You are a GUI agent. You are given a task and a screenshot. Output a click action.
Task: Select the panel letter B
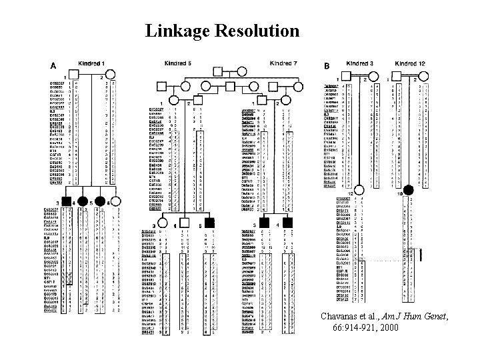[327, 66]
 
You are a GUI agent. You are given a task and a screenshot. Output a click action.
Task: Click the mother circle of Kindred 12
[423, 79]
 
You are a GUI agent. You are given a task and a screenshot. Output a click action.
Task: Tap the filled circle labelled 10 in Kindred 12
[408, 191]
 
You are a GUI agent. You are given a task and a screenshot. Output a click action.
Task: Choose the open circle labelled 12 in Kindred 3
[359, 191]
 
